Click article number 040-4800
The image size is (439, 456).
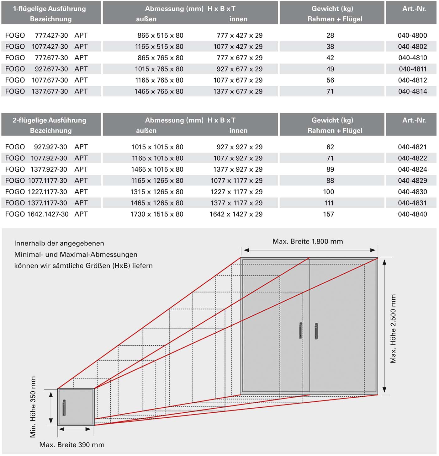coord(412,35)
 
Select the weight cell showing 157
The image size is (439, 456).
coord(328,214)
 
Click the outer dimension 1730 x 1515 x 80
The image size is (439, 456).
coord(157,214)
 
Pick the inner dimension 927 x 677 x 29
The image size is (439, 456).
coord(239,69)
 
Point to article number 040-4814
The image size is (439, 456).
coord(412,92)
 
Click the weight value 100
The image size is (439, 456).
coord(328,192)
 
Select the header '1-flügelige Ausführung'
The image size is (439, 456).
coord(49,9)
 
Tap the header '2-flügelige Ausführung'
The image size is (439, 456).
coord(49,120)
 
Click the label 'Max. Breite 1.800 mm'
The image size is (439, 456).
coord(308,241)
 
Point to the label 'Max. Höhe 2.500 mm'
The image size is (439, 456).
coord(393,329)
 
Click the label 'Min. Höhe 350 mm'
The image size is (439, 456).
coord(33,407)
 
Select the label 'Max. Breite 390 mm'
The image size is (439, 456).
coord(72,445)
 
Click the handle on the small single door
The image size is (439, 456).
coord(64,407)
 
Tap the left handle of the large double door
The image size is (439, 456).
coord(301,330)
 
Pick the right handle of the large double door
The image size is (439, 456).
coord(316,331)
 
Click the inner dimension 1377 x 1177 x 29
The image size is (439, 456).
coord(236,203)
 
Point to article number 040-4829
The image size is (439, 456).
coord(412,181)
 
